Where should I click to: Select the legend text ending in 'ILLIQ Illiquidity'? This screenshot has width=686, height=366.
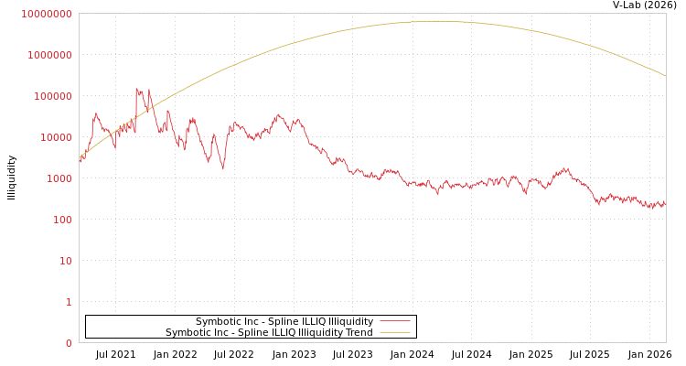point(284,322)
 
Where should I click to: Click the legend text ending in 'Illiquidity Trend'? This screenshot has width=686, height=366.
point(269,333)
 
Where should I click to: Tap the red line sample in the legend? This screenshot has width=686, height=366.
point(394,322)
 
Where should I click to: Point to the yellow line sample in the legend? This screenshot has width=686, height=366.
point(394,333)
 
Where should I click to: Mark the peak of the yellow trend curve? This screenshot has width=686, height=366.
point(437,21)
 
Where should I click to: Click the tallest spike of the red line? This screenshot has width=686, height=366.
point(136,88)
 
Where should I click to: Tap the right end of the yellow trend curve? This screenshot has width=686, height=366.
point(665,75)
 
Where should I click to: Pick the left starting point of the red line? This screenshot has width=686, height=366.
point(80,160)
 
